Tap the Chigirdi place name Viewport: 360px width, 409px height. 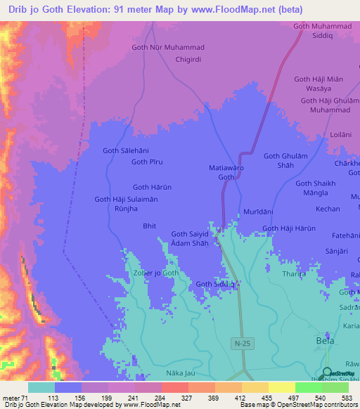188,60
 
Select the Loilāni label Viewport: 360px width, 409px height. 340,133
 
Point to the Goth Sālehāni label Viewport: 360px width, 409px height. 126,150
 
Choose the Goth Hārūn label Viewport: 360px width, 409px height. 151,187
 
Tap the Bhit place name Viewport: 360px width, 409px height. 149,226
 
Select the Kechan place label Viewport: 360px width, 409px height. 328,209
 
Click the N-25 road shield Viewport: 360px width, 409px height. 240,342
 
